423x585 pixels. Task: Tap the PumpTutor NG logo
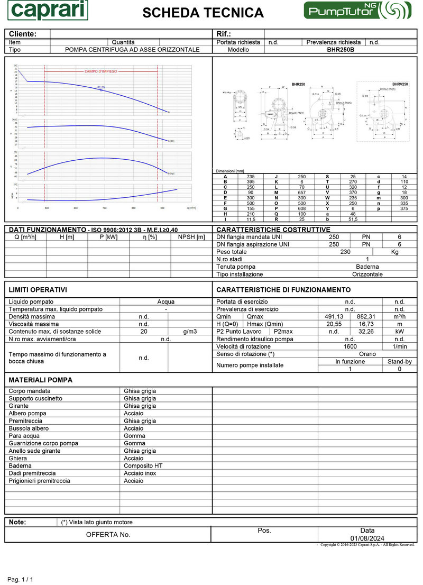pyautogui.click(x=356, y=11)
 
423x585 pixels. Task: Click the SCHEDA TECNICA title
pyautogui.click(x=203, y=13)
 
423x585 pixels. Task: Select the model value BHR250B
pyautogui.click(x=341, y=50)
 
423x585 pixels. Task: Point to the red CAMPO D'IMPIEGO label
pyautogui.click(x=100, y=71)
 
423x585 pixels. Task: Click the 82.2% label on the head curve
pyautogui.click(x=101, y=87)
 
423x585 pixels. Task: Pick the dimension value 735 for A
pyautogui.click(x=250, y=176)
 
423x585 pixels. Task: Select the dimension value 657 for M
pyautogui.click(x=301, y=192)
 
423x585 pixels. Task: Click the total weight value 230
pyautogui.click(x=345, y=252)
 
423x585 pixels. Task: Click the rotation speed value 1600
pyautogui.click(x=350, y=346)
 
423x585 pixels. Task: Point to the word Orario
pyautogui.click(x=367, y=354)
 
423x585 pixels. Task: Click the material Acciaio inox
pyautogui.click(x=140, y=473)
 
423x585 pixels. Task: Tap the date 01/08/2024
pyautogui.click(x=367, y=538)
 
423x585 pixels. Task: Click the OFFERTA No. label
pyautogui.click(x=108, y=535)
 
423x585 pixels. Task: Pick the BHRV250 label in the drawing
pyautogui.click(x=400, y=84)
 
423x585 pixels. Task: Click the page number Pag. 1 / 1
pyautogui.click(x=20, y=580)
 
